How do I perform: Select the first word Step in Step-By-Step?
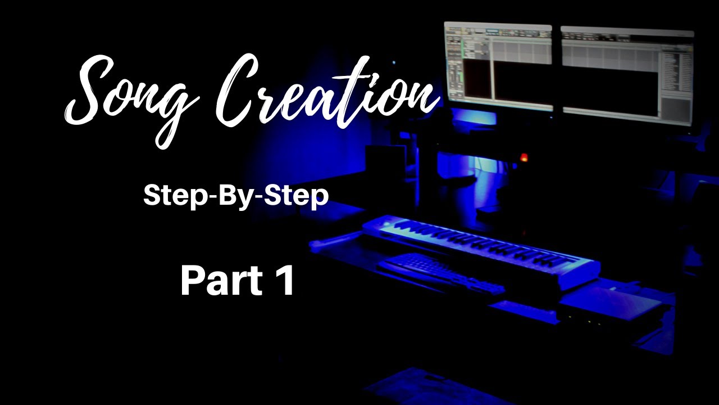[x=169, y=196]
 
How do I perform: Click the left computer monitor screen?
[x=498, y=65]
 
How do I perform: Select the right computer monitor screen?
[x=627, y=73]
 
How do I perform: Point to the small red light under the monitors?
[x=524, y=157]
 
